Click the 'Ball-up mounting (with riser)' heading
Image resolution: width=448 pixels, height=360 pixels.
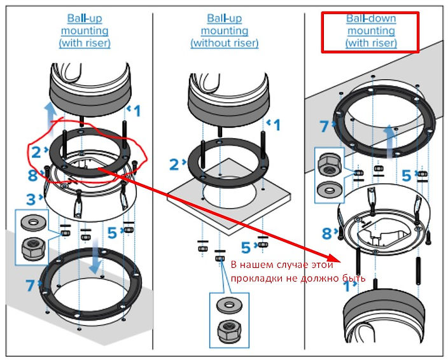pos(84,31)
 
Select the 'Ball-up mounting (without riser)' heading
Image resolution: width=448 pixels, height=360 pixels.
pos(225,31)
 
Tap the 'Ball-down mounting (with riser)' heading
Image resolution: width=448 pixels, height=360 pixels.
pos(371,31)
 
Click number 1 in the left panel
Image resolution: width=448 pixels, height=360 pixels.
pos(137,111)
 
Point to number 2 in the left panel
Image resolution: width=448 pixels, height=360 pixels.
pos(37,151)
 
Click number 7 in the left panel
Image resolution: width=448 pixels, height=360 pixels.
pos(30,286)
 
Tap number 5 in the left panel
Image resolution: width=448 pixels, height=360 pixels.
pos(112,233)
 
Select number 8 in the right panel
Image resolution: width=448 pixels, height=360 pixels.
pos(327,233)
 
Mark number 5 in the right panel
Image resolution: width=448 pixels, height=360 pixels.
pos(406,174)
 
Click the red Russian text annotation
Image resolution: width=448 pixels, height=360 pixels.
pos(297,272)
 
